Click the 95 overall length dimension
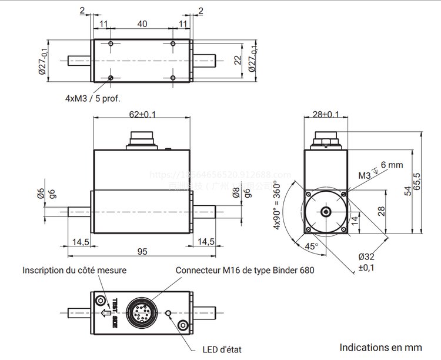pyautogui.click(x=142, y=251)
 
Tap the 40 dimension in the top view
pyautogui.click(x=142, y=24)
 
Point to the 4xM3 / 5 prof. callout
pyautogui.click(x=96, y=98)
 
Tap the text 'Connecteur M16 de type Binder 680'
pyautogui.click(x=245, y=271)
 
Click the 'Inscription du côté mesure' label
pyautogui.click(x=75, y=271)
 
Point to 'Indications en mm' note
pyautogui.click(x=380, y=347)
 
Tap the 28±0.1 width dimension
pyautogui.click(x=325, y=114)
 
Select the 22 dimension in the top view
pyautogui.click(x=238, y=59)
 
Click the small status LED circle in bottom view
pyautogui.click(x=169, y=312)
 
